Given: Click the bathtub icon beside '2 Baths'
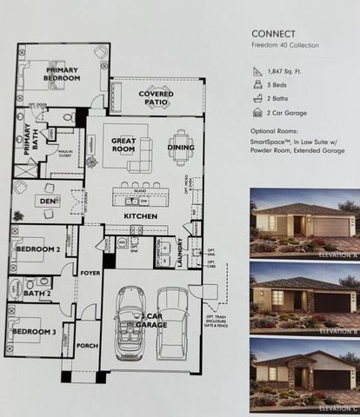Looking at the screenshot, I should coord(257,99).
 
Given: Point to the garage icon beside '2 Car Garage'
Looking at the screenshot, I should coord(257,112).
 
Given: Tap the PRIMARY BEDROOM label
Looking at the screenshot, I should coord(63,74).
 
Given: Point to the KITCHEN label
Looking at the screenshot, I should coord(139,214).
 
